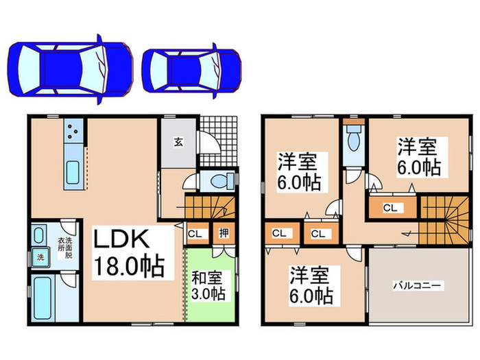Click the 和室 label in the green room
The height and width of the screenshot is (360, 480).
tap(208, 279)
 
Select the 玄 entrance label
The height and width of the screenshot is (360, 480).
tap(178, 142)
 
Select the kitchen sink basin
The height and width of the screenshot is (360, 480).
tap(73, 171)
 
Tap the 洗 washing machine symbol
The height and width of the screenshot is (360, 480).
tap(39, 258)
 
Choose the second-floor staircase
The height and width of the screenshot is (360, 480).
tap(444, 216)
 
